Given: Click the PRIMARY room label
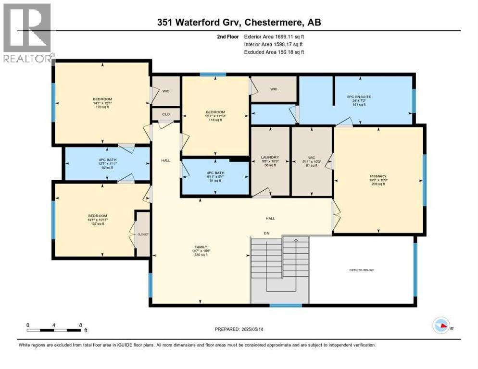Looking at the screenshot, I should click(x=377, y=176).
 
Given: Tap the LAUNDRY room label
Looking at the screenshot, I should click(x=270, y=157).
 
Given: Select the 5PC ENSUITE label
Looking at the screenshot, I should click(x=359, y=97).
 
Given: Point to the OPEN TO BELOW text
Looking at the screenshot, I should click(x=361, y=270).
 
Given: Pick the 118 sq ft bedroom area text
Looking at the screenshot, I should click(x=215, y=120).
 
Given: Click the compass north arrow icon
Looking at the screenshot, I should click(x=441, y=325).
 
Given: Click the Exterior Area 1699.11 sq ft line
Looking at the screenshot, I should click(x=274, y=36).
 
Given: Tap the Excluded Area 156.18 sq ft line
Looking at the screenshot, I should click(x=274, y=52).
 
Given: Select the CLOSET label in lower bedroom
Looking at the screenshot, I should click(x=143, y=234).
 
